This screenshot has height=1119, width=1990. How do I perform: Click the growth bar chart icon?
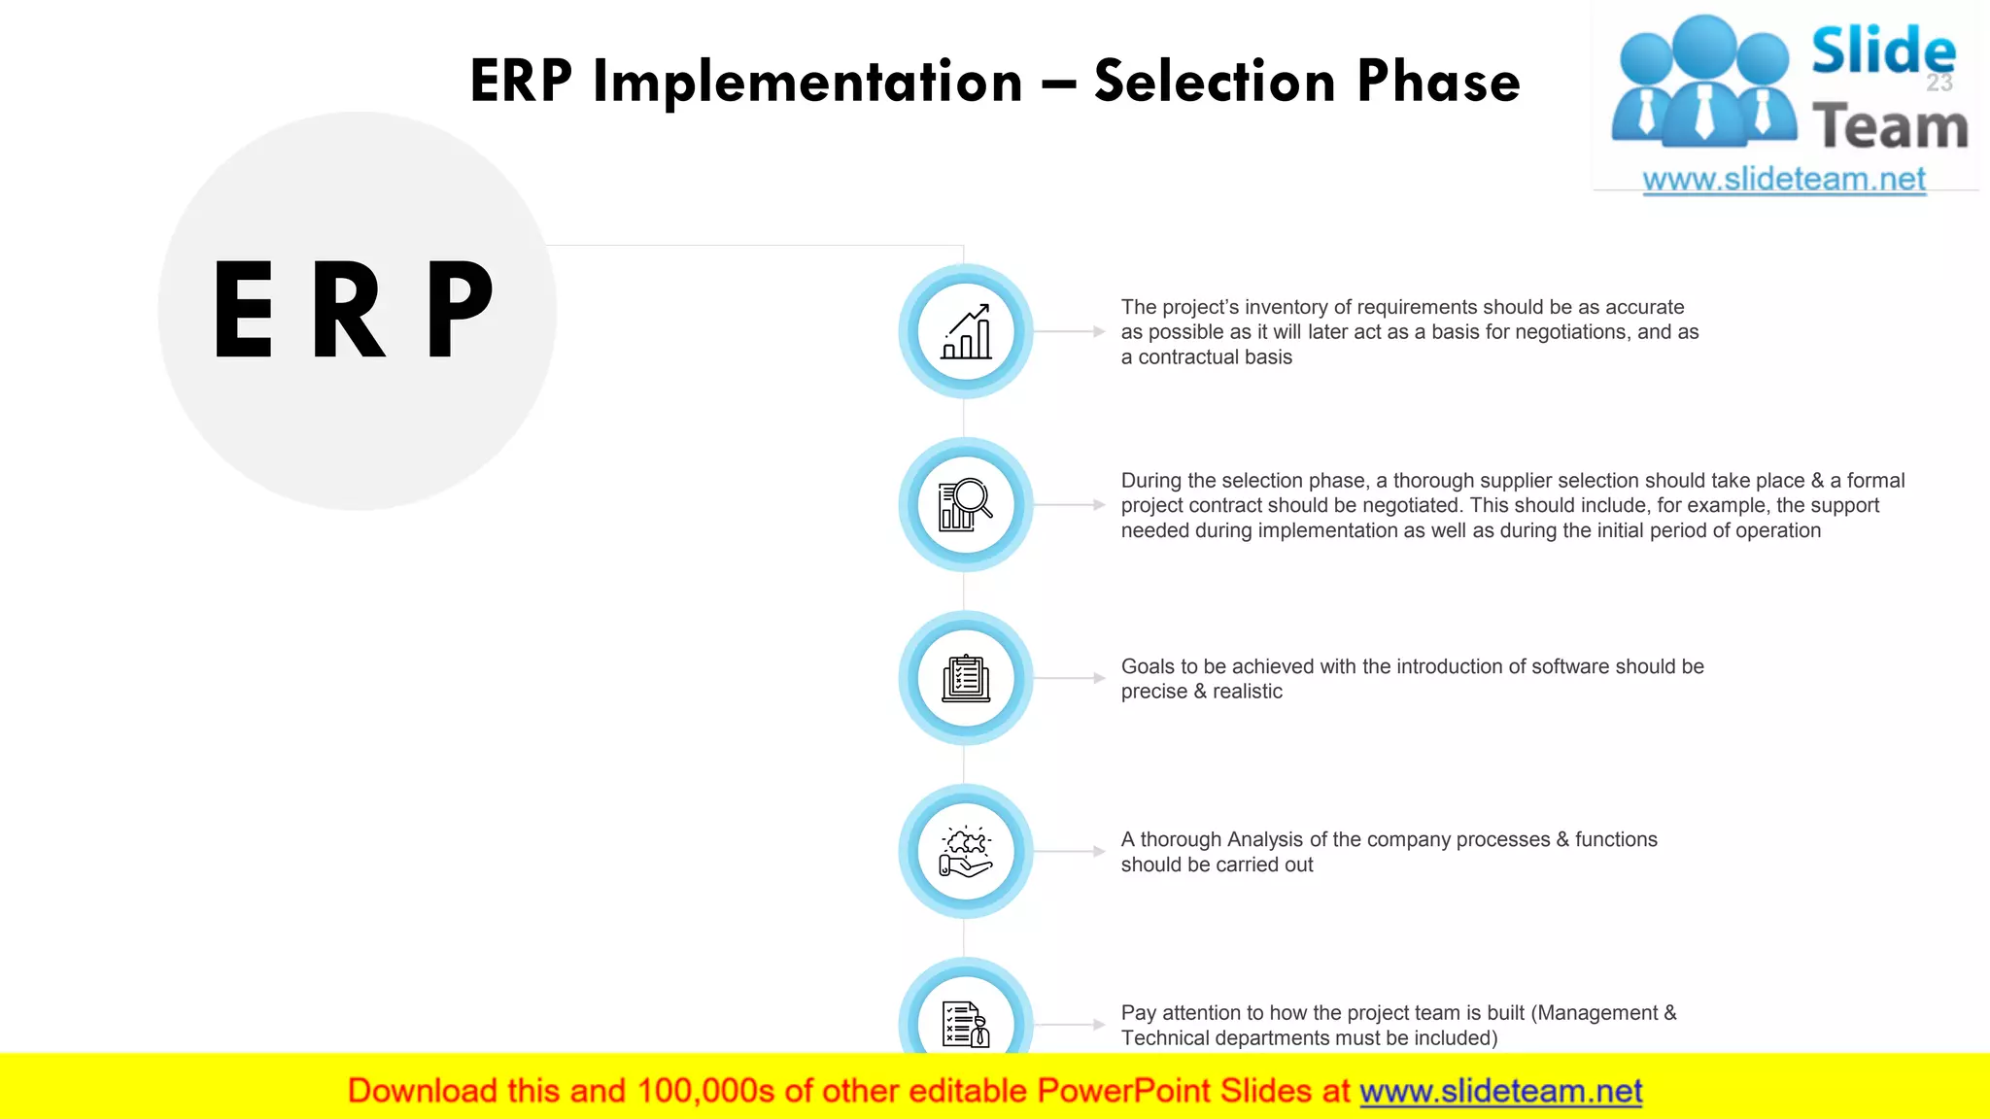tap(966, 331)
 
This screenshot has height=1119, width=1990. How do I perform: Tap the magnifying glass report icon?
tap(966, 504)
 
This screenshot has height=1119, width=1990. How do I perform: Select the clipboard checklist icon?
tap(966, 678)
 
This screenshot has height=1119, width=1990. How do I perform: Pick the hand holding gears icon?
tap(966, 851)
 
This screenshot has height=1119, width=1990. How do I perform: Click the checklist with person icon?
tap(966, 1024)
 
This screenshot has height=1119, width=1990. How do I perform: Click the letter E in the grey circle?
tap(243, 311)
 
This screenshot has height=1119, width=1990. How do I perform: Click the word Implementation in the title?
tap(807, 82)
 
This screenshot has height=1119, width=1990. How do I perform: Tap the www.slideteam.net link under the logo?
tap(1784, 180)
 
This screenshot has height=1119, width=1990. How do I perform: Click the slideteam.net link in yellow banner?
tap(1500, 1091)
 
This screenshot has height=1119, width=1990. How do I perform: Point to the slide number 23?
tap(1939, 84)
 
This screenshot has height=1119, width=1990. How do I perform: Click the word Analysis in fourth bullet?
tap(1265, 839)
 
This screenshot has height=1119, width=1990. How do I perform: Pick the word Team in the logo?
tap(1889, 127)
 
